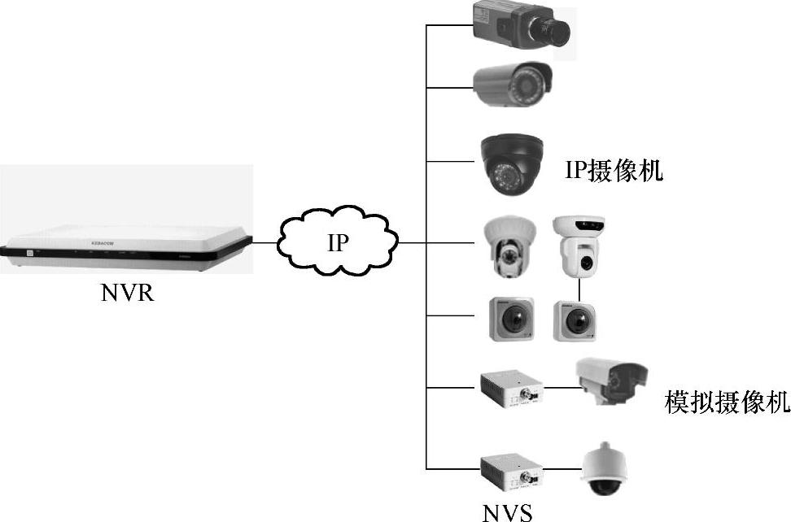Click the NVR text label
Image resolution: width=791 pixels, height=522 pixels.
point(128,292)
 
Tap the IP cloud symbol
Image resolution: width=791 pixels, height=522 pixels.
point(339,241)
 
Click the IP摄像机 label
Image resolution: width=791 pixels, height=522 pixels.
point(614,171)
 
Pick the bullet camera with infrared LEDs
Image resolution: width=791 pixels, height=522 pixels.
point(513,85)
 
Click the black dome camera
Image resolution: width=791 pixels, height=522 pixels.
point(511,163)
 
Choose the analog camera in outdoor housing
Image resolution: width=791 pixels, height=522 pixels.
point(610,381)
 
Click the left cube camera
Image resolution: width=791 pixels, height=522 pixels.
point(511,320)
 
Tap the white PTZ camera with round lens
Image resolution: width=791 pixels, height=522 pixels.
point(579,247)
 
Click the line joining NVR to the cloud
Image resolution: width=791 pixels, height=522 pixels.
point(265,241)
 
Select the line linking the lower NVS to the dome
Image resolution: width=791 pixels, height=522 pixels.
point(562,469)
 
